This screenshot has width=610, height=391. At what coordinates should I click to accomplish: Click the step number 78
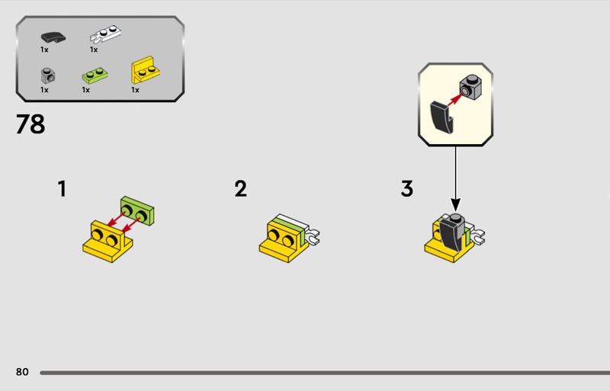(30, 124)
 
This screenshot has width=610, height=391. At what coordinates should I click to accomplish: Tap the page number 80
(22, 372)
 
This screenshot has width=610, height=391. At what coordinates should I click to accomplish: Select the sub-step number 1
(62, 189)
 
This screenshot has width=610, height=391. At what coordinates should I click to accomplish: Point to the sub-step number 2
(240, 189)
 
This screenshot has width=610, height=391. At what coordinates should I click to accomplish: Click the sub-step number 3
(407, 189)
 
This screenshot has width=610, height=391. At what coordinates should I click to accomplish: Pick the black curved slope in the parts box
(53, 37)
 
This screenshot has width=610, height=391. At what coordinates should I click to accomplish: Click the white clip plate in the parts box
(105, 34)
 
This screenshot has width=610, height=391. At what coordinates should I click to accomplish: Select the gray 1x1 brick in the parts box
(48, 75)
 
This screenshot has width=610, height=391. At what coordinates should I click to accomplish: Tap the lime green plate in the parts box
(95, 75)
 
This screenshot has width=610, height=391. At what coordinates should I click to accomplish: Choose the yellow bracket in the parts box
(145, 70)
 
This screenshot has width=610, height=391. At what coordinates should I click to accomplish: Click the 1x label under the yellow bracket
(135, 90)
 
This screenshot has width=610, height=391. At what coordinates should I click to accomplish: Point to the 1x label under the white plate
(94, 50)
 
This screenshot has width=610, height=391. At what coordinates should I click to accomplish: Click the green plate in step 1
(137, 210)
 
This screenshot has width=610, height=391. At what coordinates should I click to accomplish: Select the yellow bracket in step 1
(108, 242)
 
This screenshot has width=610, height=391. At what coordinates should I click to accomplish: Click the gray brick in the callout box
(470, 87)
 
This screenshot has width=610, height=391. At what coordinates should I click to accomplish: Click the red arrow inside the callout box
(454, 99)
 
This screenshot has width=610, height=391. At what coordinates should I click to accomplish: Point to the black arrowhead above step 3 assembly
(455, 204)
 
